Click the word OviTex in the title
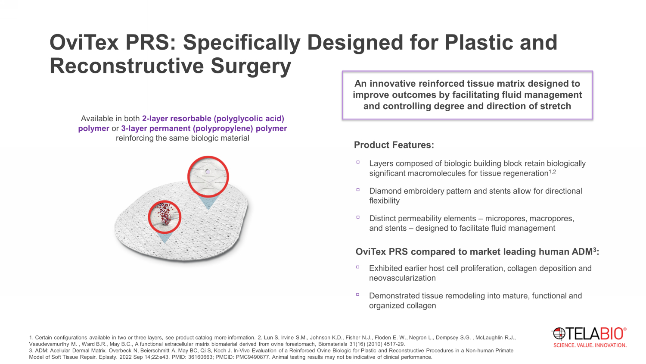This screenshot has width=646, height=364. click(x=84, y=42)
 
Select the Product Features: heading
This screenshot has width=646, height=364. click(x=394, y=145)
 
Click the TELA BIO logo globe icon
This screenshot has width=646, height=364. click(x=559, y=334)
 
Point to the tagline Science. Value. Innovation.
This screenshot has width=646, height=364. click(x=590, y=345)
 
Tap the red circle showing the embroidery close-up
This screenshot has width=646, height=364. click(x=208, y=177)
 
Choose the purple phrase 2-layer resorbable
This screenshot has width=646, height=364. click(x=177, y=119)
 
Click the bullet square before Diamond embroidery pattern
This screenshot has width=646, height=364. click(x=358, y=190)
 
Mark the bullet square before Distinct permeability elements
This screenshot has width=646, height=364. click(x=358, y=217)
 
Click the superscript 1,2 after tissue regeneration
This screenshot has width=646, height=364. click(x=552, y=172)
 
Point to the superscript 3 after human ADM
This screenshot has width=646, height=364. click(x=594, y=249)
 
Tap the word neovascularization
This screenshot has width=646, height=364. click(x=402, y=278)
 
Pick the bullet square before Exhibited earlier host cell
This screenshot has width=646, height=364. click(x=358, y=267)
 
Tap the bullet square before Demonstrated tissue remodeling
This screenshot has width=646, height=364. click(x=358, y=295)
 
